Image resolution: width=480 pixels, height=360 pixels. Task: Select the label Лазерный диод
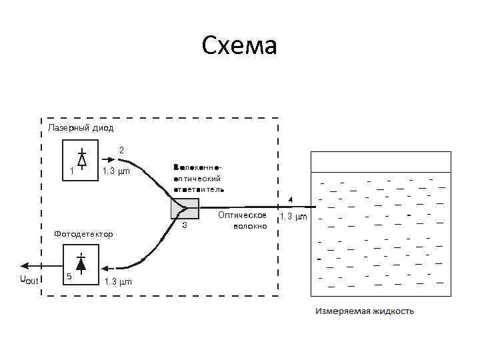(81, 127)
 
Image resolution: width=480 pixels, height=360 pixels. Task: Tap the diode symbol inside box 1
(81, 159)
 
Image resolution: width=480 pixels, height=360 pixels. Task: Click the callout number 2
(121, 149)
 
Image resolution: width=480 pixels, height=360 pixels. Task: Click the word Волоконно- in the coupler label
(197, 167)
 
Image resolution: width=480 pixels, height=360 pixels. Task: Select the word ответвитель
(199, 189)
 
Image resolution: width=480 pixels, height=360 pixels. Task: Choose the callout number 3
(185, 225)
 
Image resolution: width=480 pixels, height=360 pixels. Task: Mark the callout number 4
(290, 199)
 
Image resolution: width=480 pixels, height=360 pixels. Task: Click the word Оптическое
(243, 215)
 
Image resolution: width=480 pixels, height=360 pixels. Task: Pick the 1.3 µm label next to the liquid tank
(293, 216)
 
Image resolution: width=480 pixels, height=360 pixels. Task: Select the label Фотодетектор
(83, 234)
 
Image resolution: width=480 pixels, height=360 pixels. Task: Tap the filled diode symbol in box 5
(81, 263)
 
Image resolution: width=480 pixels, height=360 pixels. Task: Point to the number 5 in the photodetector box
(69, 276)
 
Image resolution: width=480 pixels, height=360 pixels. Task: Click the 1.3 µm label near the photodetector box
(118, 281)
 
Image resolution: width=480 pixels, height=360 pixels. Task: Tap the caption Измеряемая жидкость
(365, 311)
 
